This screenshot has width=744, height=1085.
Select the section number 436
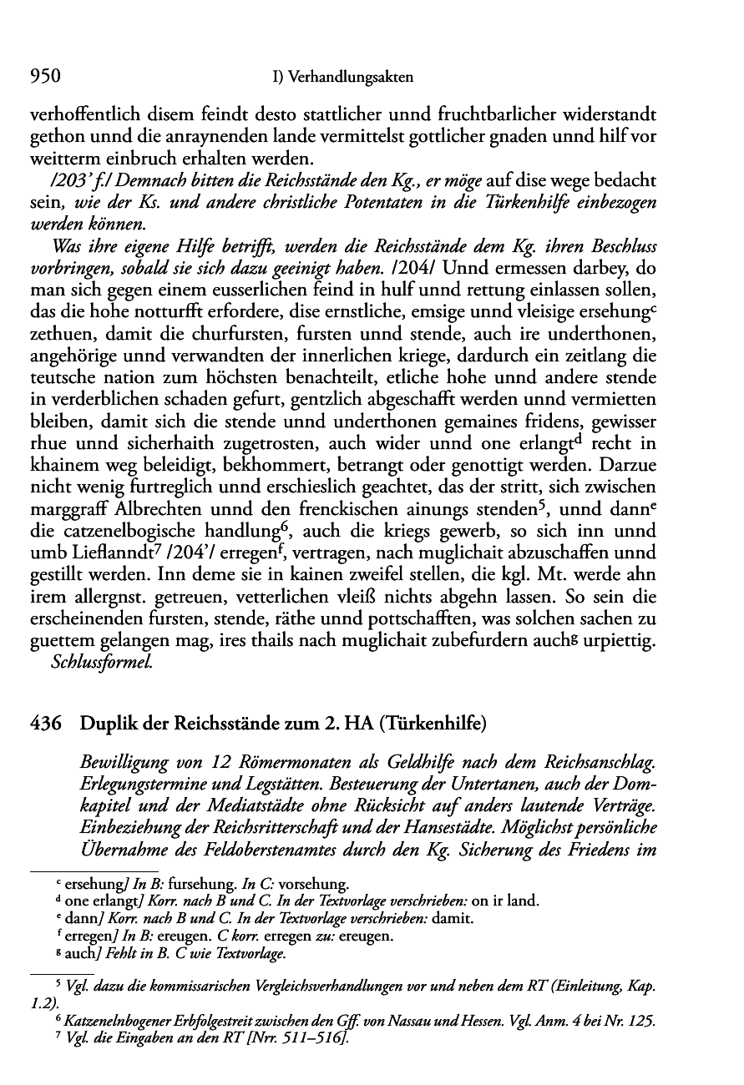[45, 724]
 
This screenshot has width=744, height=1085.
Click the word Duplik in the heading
[105, 724]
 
